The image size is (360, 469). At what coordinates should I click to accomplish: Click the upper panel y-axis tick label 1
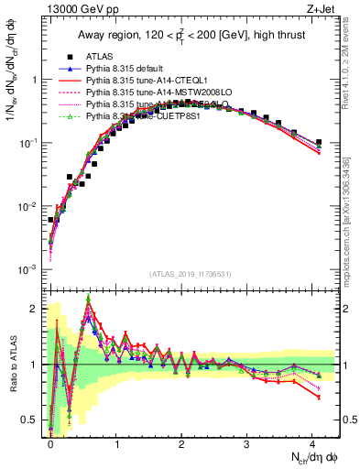[x=35, y=80]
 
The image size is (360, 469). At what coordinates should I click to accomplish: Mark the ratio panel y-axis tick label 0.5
[x=30, y=421]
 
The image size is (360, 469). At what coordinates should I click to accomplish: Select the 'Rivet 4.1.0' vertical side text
[x=351, y=64]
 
